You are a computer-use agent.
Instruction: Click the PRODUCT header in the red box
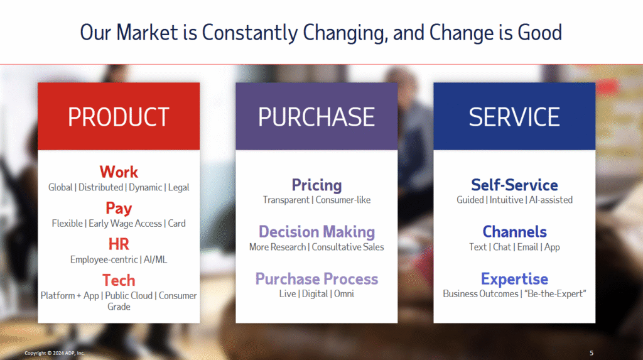pos(119,117)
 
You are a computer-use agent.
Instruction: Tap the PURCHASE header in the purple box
pos(316,117)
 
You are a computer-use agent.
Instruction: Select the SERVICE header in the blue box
pos(514,117)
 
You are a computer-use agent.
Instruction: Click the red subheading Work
pos(119,172)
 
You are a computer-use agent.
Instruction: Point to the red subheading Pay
pos(119,209)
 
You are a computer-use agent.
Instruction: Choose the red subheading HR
pos(119,244)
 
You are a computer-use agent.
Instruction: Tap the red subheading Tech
pos(119,280)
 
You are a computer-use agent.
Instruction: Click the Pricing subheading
pos(316,185)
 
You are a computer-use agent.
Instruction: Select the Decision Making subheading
pos(316,232)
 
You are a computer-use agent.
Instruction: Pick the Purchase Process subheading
pos(316,279)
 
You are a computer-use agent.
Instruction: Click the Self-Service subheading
pos(514,185)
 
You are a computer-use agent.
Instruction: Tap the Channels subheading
pos(515,231)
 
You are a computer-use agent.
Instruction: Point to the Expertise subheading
pos(515,279)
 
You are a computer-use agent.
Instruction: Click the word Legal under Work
pos(179,188)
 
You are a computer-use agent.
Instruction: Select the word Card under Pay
pos(176,223)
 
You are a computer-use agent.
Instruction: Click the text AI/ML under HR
pos(155,259)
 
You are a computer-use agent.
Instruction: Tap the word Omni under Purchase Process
pos(344,294)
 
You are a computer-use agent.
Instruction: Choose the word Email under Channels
pos(527,247)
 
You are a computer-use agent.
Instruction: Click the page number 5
pos(592,353)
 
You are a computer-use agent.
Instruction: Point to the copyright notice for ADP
pos(54,353)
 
